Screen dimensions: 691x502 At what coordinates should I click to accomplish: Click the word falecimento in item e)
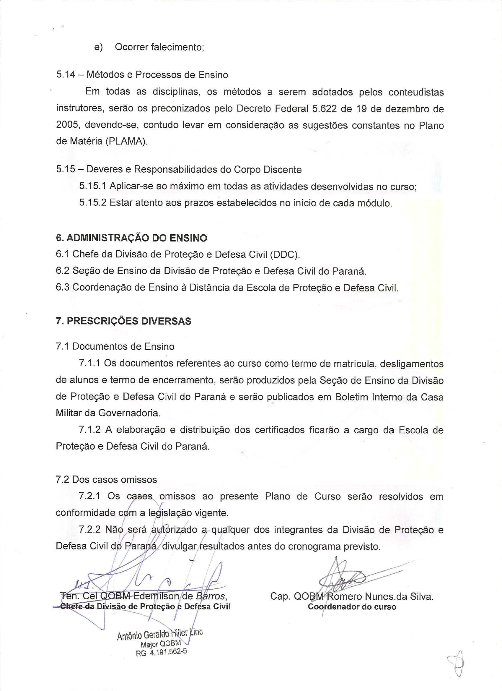point(177,48)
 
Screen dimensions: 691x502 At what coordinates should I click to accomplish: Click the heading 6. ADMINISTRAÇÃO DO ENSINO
point(131,238)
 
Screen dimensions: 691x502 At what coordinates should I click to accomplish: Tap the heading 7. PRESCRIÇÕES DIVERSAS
point(124,321)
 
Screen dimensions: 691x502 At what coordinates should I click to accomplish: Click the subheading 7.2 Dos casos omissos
point(107,480)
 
